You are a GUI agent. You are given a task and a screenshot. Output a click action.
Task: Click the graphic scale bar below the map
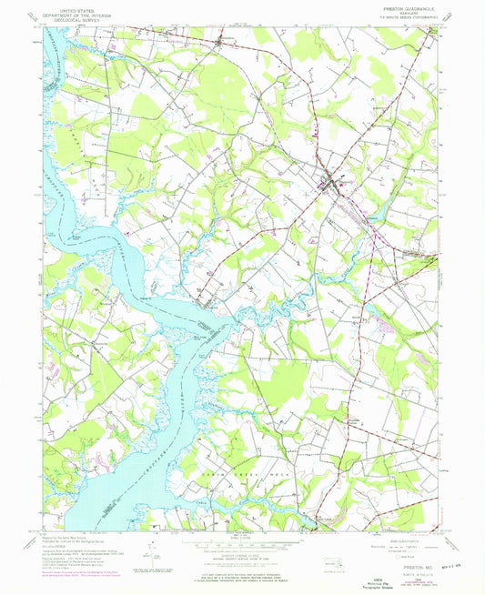pyautogui.click(x=242, y=546)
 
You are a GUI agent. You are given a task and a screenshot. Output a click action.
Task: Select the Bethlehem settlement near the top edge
pyautogui.click(x=222, y=40)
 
